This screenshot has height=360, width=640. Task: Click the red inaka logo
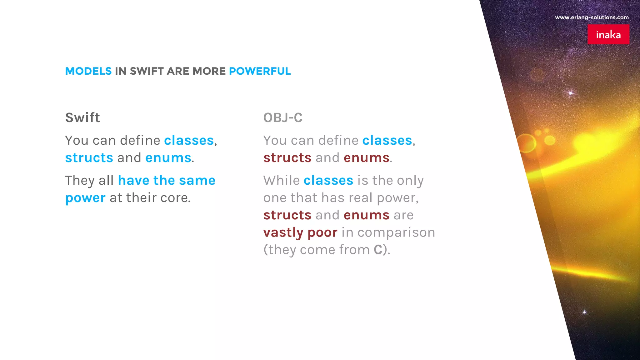608,34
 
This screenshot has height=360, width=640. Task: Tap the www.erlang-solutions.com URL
592,17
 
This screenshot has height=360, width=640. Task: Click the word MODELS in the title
88,71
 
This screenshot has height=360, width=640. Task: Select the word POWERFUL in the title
260,71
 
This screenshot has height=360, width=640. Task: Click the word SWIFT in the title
147,71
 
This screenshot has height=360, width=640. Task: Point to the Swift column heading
82,118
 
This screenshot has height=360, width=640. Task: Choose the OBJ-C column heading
283,118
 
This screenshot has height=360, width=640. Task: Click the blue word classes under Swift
189,141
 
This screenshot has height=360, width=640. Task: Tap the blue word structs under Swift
89,158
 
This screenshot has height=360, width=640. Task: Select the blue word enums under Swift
168,158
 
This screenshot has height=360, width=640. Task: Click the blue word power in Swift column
85,198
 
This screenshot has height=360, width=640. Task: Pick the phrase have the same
167,181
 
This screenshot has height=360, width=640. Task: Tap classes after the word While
328,181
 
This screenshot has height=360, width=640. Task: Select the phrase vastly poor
300,232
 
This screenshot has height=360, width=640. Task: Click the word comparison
396,233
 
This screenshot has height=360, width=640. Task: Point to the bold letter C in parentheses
378,250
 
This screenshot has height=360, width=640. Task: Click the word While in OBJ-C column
281,181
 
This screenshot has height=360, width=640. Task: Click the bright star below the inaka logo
571,93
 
